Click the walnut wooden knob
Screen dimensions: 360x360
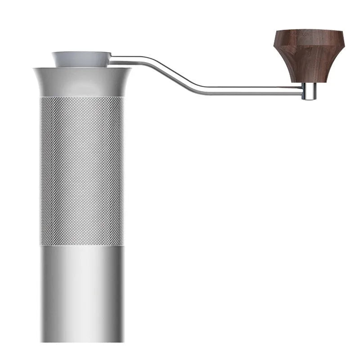(x=309, y=54)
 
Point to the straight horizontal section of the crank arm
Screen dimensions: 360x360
(x=247, y=90)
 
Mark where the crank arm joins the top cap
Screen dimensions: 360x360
(x=112, y=57)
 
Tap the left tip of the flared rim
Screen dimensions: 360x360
(x=34, y=69)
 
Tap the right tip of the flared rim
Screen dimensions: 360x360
(x=130, y=69)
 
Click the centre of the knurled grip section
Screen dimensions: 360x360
(x=81, y=171)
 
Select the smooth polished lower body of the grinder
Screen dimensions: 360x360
(x=81, y=292)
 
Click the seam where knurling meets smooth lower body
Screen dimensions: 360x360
(x=81, y=245)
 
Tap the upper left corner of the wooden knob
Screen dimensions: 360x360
(x=276, y=32)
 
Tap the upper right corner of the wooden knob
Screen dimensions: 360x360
(x=342, y=32)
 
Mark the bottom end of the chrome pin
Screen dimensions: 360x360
(x=308, y=99)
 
